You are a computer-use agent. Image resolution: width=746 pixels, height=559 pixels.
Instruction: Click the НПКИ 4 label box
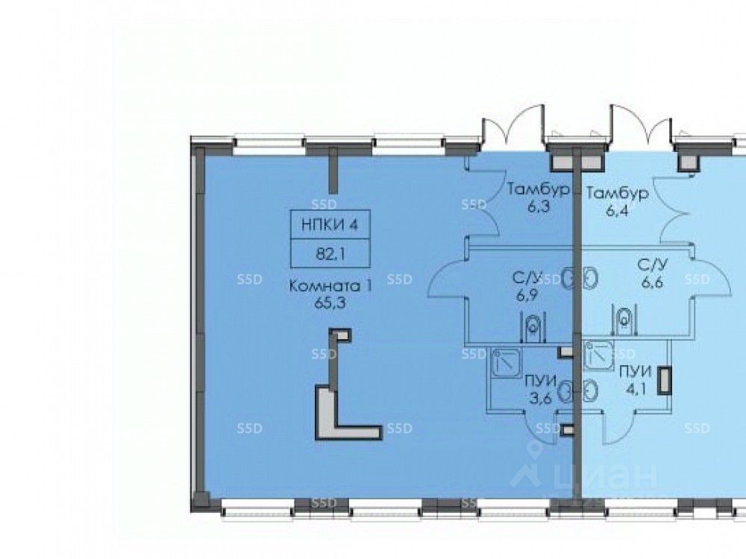tap(330, 224)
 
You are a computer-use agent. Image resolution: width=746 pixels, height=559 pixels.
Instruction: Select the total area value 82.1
tap(330, 254)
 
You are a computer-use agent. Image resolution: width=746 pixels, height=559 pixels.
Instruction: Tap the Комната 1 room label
tap(330, 287)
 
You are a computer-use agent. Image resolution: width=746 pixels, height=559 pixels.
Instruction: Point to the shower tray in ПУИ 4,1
tap(598, 356)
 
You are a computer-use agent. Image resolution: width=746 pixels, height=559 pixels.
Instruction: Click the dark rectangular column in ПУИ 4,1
tap(664, 380)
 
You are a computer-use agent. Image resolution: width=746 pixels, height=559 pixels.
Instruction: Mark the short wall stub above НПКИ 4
tap(333, 170)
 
